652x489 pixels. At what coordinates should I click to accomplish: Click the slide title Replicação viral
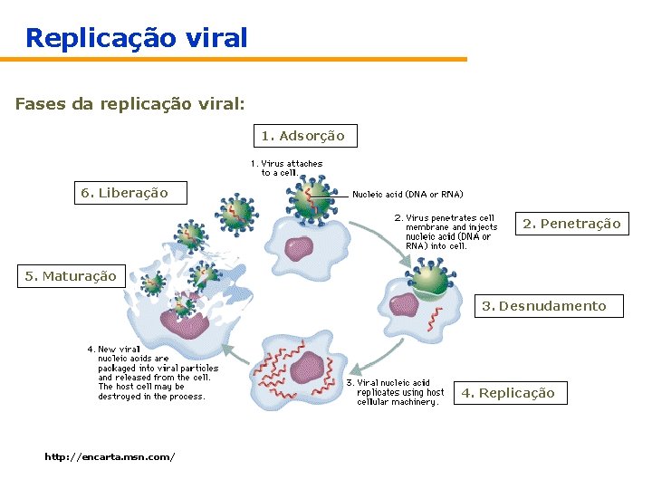point(136,38)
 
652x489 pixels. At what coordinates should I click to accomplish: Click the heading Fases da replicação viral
point(129,104)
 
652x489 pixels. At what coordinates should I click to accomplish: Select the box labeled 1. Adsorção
point(302,136)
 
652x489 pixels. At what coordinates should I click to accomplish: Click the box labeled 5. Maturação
point(71,276)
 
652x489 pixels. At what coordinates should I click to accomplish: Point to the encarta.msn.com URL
point(110,457)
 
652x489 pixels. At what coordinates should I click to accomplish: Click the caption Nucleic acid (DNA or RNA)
point(407,194)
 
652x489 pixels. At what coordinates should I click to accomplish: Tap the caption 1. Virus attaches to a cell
point(287,168)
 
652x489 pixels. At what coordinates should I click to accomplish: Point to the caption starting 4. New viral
point(152,372)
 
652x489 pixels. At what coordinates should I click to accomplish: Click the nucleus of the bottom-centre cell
point(307,366)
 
